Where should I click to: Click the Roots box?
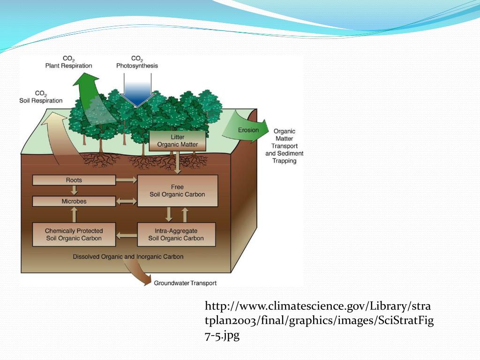74,180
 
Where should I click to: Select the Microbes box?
74,201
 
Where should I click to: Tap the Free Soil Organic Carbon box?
177,190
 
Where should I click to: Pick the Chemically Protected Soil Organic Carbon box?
74,234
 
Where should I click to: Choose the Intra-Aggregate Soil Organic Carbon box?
176,234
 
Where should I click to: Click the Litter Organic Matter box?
177,141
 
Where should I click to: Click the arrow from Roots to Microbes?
74,190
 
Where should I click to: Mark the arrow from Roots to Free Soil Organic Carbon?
126,180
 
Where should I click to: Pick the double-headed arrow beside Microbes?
126,201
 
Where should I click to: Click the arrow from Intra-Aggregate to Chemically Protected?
126,234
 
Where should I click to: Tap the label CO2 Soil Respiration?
41,97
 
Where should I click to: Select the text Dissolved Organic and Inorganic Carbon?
128,256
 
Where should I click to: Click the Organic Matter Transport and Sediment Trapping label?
284,146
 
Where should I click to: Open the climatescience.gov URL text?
319,321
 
